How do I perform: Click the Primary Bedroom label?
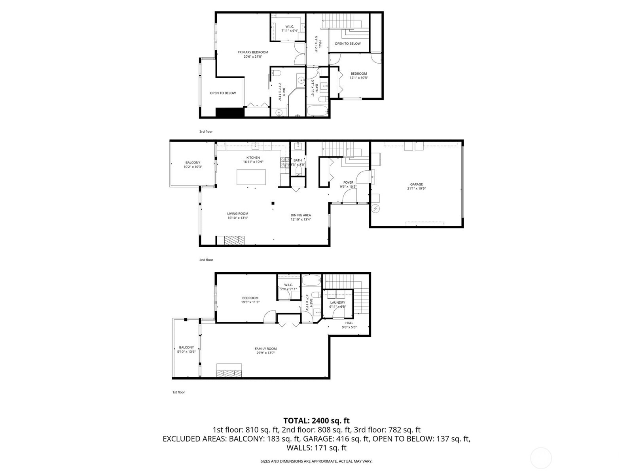pyautogui.click(x=253, y=54)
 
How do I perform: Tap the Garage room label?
pyautogui.click(x=416, y=186)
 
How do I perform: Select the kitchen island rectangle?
pyautogui.click(x=251, y=177)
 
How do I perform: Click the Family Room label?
pyautogui.click(x=265, y=350)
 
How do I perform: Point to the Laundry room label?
pyautogui.click(x=337, y=304)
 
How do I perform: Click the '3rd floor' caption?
pyautogui.click(x=206, y=132)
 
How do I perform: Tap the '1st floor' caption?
pyautogui.click(x=178, y=392)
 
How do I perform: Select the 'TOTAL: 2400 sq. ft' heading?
pyautogui.click(x=316, y=421)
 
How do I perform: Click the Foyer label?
pyautogui.click(x=348, y=184)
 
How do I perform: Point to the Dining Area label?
pyautogui.click(x=301, y=217)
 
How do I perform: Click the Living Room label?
pyautogui.click(x=238, y=216)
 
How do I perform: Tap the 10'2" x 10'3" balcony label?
pyautogui.click(x=193, y=165)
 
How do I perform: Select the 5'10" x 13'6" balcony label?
pyautogui.click(x=186, y=349)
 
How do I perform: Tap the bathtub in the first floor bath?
pyautogui.click(x=312, y=281)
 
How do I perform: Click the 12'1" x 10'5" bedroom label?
pyautogui.click(x=359, y=75)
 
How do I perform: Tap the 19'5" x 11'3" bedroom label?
pyautogui.click(x=250, y=300)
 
